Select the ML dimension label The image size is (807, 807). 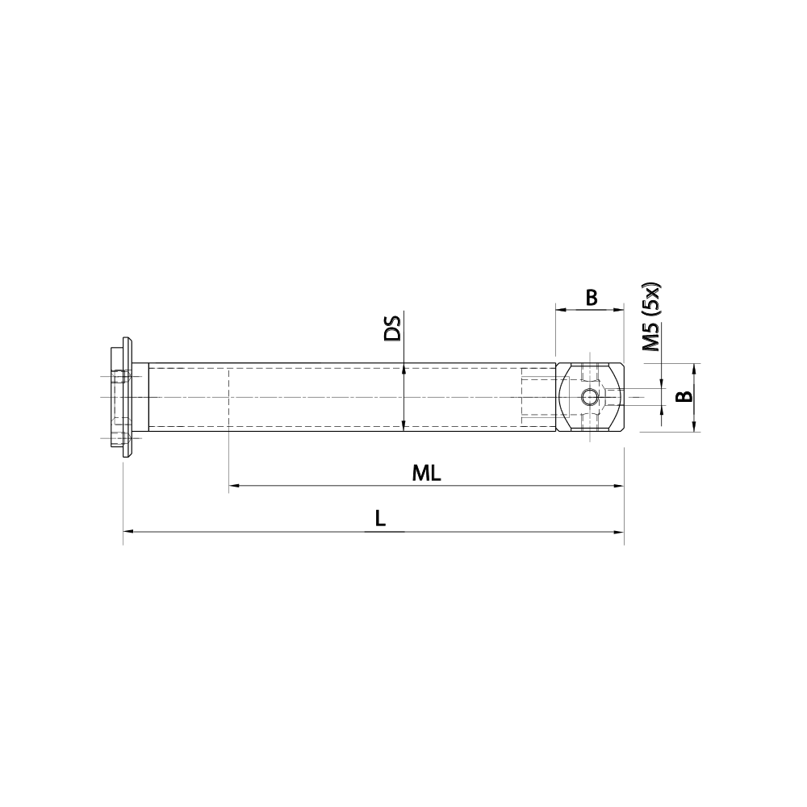tap(426, 474)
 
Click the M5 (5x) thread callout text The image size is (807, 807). tap(650, 317)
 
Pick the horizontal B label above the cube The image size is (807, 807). tap(591, 298)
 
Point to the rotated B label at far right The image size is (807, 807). tap(683, 396)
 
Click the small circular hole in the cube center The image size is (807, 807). tap(590, 397)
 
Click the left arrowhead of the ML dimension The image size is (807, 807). tap(235, 486)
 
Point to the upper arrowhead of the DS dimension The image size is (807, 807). tap(403, 368)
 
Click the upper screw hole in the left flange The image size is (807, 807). tap(121, 376)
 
